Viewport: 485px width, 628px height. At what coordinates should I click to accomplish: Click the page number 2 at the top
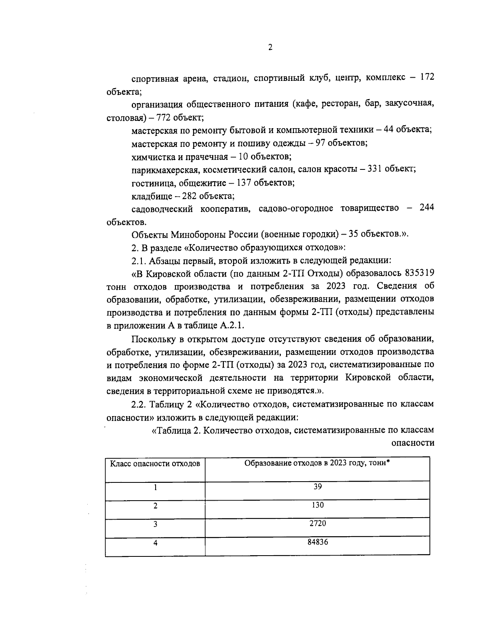coord(270,48)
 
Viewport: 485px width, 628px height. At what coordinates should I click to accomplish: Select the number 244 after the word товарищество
coord(426,208)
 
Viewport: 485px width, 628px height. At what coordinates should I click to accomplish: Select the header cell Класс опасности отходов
coord(155,464)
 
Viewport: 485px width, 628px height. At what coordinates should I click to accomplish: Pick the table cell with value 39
coord(318,487)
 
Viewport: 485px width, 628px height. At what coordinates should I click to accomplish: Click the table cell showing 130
coord(318,505)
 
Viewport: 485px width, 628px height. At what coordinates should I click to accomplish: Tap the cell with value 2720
coord(318,523)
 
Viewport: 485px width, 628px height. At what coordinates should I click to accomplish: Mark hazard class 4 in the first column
coord(155,543)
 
